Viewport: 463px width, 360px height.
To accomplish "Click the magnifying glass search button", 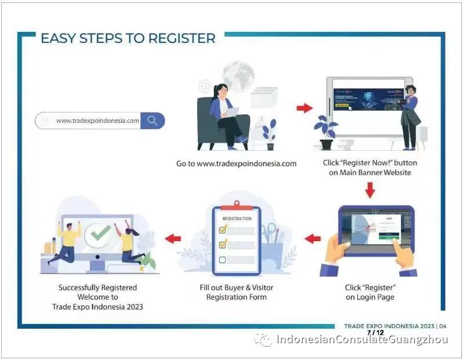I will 153,121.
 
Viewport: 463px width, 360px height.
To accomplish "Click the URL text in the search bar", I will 97,121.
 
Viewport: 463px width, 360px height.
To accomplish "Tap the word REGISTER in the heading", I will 182,39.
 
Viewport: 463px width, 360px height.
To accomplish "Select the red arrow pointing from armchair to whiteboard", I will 304,108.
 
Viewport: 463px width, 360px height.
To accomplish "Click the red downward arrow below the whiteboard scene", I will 370,189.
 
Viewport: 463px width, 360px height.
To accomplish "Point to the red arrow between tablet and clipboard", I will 313,238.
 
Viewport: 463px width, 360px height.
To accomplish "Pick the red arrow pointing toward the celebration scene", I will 173,238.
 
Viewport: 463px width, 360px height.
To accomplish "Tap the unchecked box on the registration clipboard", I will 223,259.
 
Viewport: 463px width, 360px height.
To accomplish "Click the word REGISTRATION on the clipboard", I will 237,219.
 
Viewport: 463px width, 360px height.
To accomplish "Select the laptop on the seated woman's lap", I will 230,114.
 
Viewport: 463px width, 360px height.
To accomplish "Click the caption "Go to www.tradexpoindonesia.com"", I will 236,163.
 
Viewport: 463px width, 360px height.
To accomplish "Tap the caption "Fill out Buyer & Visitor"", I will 236,288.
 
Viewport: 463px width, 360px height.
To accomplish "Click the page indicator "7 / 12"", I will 375,333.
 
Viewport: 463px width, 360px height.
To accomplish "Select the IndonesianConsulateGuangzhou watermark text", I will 362,340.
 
